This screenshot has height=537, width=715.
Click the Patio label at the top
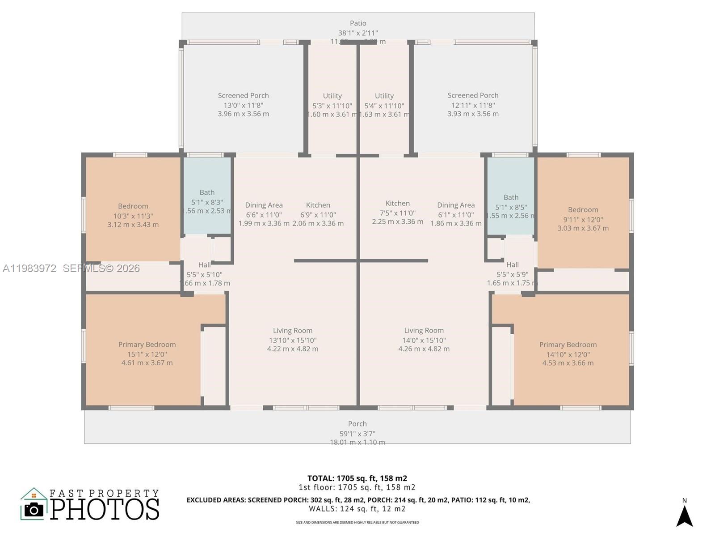[358, 23]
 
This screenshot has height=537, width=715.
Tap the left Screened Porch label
[243, 95]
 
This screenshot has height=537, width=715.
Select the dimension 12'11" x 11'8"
[473, 105]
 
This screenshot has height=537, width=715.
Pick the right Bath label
[511, 197]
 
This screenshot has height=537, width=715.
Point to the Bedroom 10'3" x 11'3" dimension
[133, 216]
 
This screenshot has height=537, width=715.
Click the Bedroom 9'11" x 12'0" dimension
[583, 219]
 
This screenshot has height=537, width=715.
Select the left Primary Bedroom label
[147, 345]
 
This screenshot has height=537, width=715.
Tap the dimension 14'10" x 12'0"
[568, 354]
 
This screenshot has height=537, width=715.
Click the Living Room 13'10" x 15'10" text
[292, 340]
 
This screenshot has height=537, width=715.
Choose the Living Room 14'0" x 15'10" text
[424, 340]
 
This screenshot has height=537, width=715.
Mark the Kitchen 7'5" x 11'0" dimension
[397, 213]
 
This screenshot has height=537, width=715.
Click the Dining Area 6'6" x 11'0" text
[264, 214]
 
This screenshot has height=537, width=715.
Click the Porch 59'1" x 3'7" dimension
[357, 433]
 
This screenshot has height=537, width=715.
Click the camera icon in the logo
[34, 509]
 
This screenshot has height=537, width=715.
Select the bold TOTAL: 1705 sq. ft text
[357, 478]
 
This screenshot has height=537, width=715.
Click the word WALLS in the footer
[323, 509]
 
